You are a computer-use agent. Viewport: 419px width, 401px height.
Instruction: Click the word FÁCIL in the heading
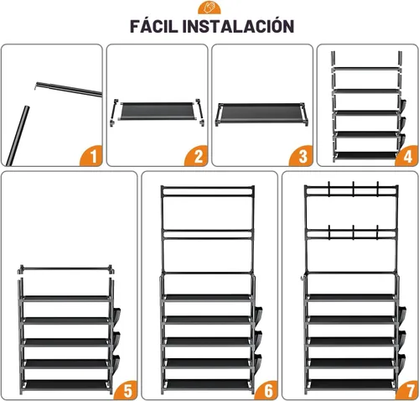point(153,26)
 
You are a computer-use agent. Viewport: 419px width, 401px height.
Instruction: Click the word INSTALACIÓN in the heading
point(238,26)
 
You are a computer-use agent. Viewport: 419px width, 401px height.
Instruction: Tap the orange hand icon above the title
point(209,8)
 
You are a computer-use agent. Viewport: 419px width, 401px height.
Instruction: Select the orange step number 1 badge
point(92,156)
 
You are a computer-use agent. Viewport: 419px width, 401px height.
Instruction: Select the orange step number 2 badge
point(197,156)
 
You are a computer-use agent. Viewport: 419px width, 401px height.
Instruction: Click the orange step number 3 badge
point(302,156)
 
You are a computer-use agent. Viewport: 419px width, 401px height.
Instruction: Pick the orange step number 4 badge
point(407,156)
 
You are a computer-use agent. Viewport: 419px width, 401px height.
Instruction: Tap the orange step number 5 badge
point(127,390)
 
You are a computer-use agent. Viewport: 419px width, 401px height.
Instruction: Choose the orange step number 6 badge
point(267,390)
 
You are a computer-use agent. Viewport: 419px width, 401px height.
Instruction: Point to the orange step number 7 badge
point(407,390)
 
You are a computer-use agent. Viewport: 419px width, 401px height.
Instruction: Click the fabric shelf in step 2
point(157,111)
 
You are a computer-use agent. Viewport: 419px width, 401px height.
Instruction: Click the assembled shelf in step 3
point(261,113)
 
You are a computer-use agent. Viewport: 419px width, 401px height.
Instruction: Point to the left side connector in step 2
point(113,113)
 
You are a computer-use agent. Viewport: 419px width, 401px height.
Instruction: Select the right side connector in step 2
point(200,112)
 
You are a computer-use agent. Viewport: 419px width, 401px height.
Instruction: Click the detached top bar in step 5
point(66,269)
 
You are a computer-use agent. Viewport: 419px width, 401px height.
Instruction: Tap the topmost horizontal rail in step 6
point(208,188)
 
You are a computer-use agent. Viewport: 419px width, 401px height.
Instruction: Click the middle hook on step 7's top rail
point(354,189)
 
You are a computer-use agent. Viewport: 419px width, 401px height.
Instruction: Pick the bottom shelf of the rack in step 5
point(66,384)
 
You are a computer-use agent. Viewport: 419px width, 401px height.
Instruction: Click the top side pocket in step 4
point(403,105)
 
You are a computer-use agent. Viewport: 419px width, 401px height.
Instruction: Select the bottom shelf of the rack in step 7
point(352,384)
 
